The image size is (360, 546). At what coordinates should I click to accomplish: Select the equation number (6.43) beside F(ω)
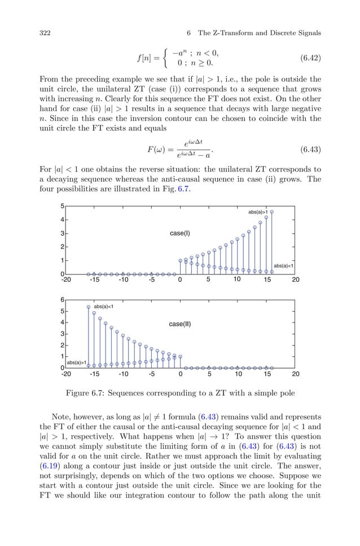(x=307, y=150)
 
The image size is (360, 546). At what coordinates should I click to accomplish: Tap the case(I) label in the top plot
(x=180, y=233)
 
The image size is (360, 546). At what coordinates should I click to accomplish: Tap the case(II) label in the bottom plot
(x=180, y=324)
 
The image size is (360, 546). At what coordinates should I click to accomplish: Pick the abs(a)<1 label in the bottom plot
(x=104, y=306)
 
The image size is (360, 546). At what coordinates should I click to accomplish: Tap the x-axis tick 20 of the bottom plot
(x=295, y=373)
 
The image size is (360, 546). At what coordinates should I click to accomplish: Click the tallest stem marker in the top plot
(x=272, y=212)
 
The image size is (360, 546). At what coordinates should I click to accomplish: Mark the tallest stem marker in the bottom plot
(x=89, y=307)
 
